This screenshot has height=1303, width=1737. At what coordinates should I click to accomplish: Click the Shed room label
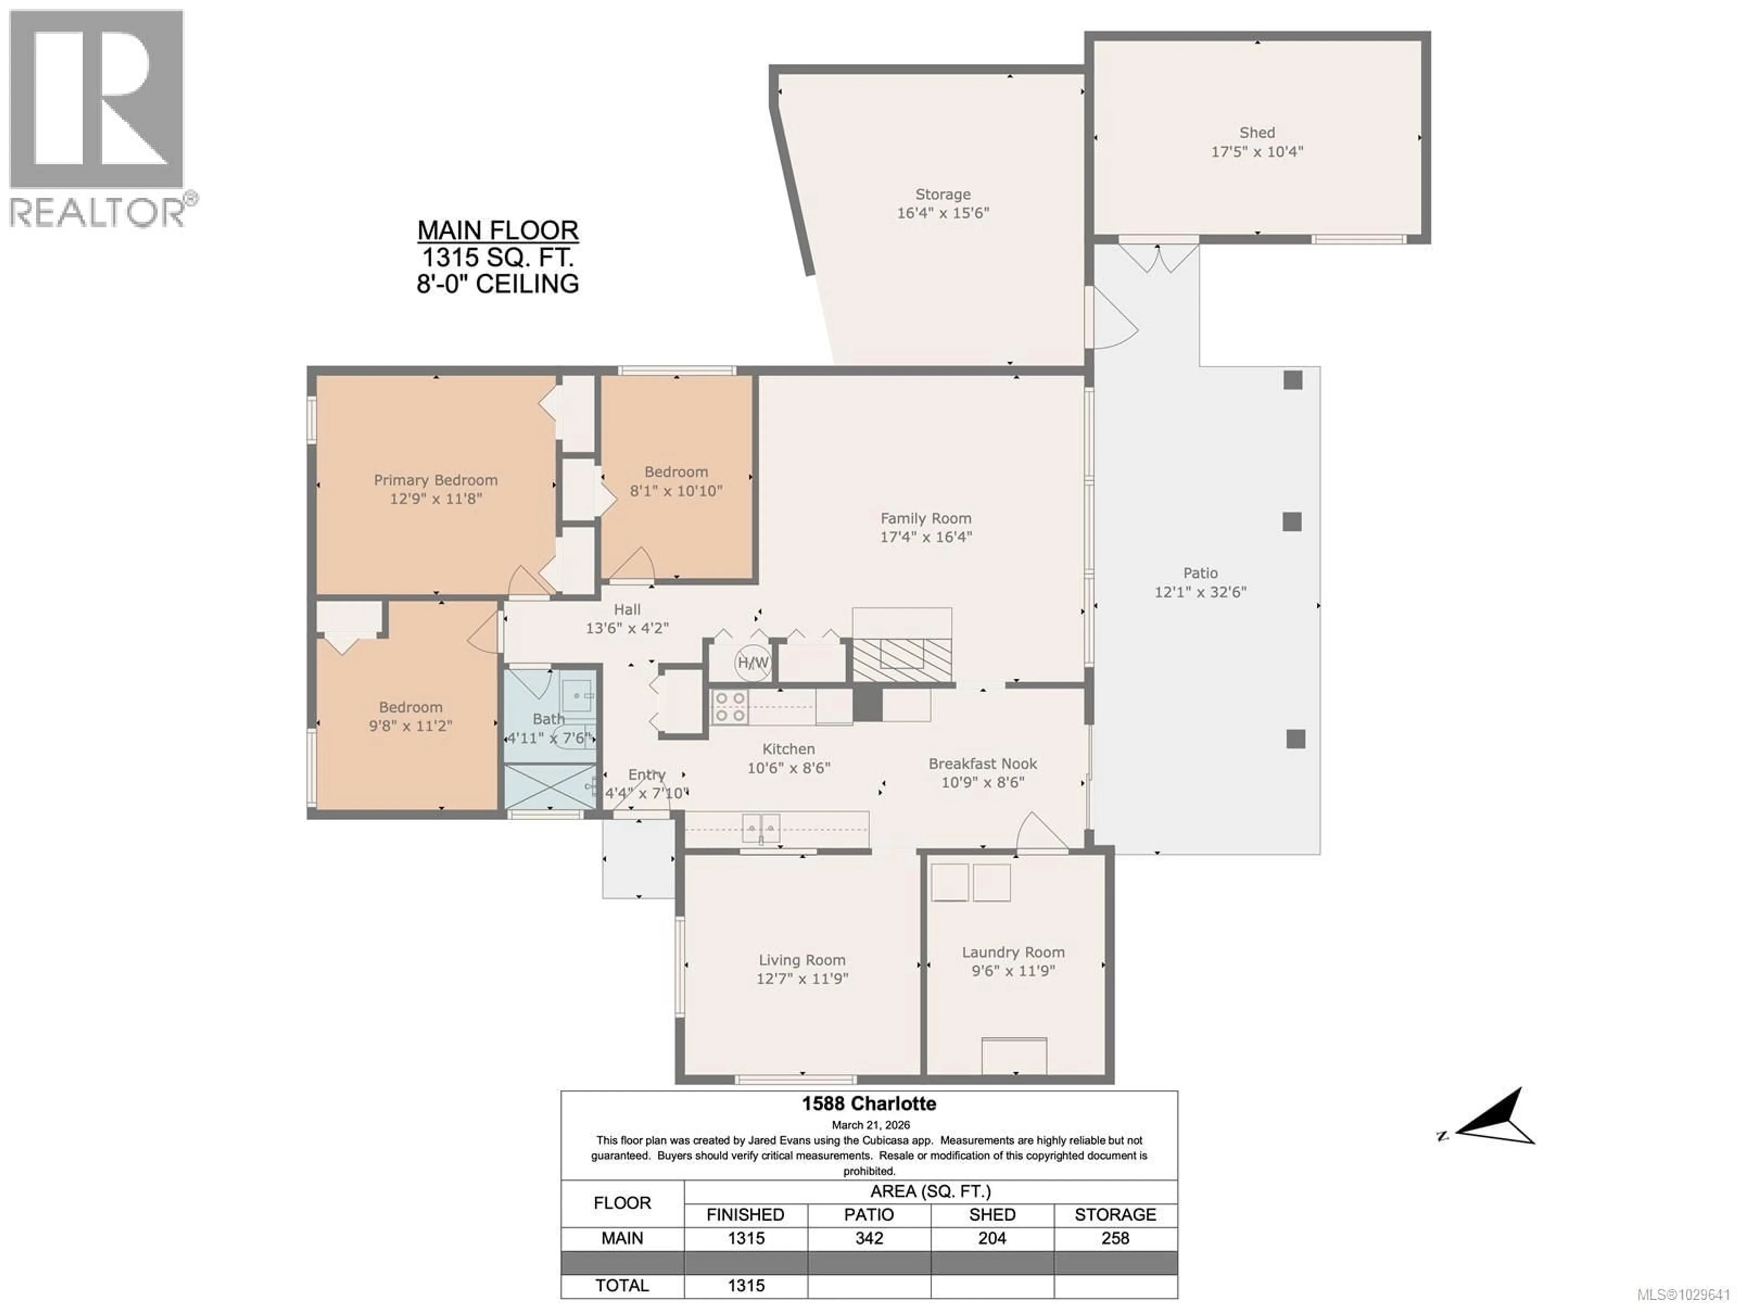coord(1257,133)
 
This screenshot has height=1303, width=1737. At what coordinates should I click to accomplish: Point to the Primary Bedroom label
coord(435,480)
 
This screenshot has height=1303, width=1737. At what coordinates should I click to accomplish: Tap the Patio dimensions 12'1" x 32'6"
coord(1200,592)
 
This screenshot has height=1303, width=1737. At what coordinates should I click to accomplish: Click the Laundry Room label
coord(1013,952)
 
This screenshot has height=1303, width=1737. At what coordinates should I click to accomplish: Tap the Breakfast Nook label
coord(982,763)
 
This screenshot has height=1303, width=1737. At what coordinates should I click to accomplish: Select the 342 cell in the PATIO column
coord(868,1238)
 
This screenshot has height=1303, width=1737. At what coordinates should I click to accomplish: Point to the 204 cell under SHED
coord(992,1238)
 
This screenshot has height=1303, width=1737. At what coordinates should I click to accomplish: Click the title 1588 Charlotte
coord(868,1103)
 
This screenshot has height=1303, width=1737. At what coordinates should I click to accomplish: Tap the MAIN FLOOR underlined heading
coord(498,230)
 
